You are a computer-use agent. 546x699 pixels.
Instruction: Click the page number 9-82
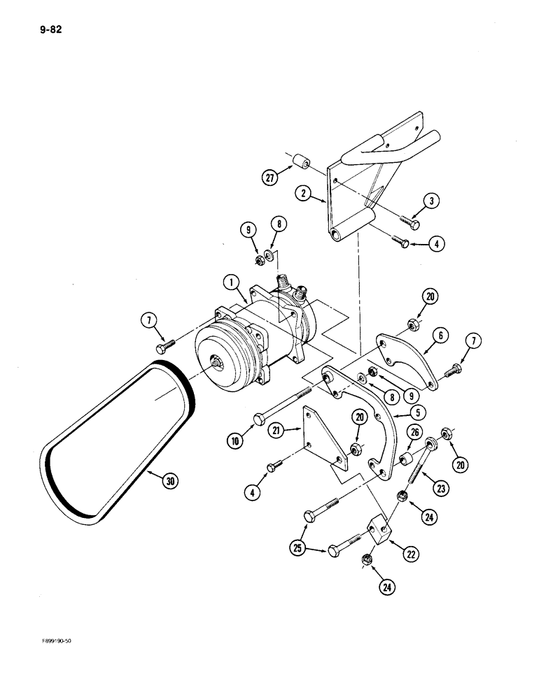[43, 30]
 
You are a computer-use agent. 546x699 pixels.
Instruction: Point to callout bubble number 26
[414, 433]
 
